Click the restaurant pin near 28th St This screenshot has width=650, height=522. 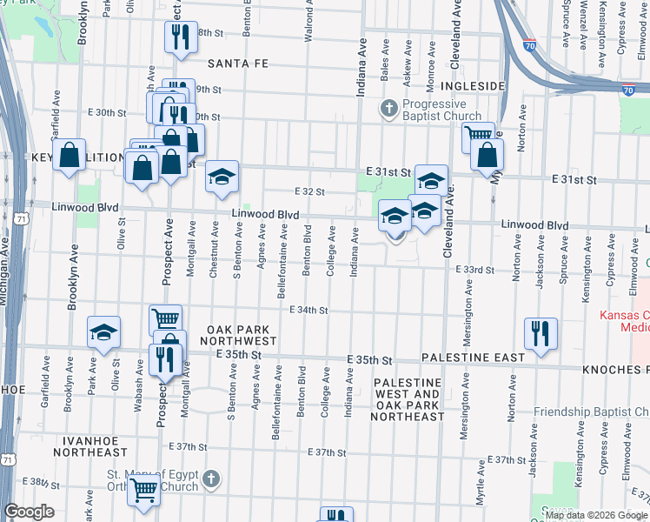[180, 37]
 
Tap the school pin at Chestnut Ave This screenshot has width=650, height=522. [222, 177]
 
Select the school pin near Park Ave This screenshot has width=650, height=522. [103, 332]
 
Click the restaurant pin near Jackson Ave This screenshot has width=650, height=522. [541, 334]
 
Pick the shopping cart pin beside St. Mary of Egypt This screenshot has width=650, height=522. [143, 489]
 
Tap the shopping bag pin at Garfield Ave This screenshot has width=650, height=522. [69, 156]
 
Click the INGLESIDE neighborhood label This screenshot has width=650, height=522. [472, 86]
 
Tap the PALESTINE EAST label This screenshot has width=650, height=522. [473, 358]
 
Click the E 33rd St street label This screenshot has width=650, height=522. [475, 270]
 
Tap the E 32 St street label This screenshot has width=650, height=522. [309, 191]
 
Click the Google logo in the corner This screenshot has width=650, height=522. [30, 512]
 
